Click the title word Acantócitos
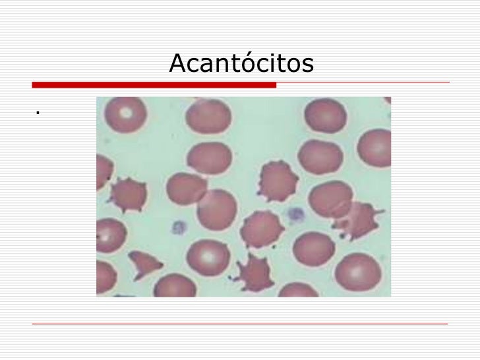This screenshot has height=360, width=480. click(x=241, y=64)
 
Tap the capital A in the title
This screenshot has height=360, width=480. click(x=177, y=64)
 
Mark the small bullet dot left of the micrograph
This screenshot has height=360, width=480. click(x=39, y=113)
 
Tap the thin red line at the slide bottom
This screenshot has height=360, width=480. click(x=240, y=324)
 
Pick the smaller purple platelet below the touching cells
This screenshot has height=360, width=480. click(x=178, y=227)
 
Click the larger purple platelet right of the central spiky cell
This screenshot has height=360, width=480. click(x=295, y=214)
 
